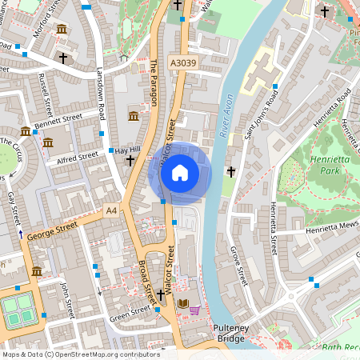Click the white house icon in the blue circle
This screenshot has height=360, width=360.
[180, 173]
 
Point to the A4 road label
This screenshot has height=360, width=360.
[110, 211]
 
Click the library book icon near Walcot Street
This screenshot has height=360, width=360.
[183, 304]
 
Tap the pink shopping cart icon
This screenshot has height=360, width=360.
[195, 310]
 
